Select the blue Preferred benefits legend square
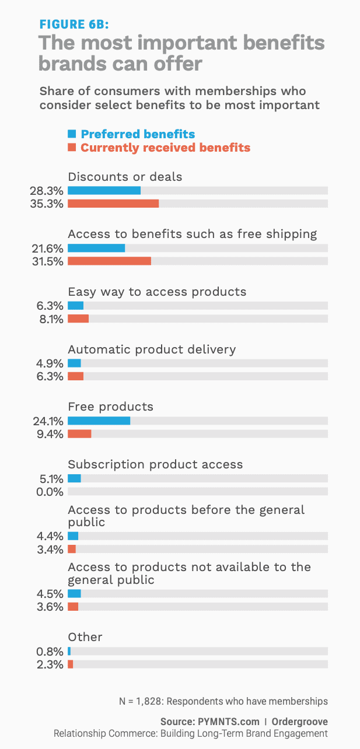click(72, 134)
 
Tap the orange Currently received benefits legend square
click(72, 148)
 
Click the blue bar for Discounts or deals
click(104, 190)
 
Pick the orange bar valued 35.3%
click(113, 204)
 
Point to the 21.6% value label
click(47, 248)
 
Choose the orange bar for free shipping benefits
click(109, 261)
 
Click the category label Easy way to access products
click(157, 291)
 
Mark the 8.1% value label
click(51, 318)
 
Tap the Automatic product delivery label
click(152, 349)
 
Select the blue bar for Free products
click(99, 421)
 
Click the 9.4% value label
click(51, 434)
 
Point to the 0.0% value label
click(51, 492)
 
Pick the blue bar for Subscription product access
click(74, 478)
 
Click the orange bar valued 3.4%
click(72, 549)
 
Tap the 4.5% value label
click(51, 593)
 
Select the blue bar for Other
click(69, 651)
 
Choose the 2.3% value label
click(51, 664)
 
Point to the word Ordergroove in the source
click(299, 722)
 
